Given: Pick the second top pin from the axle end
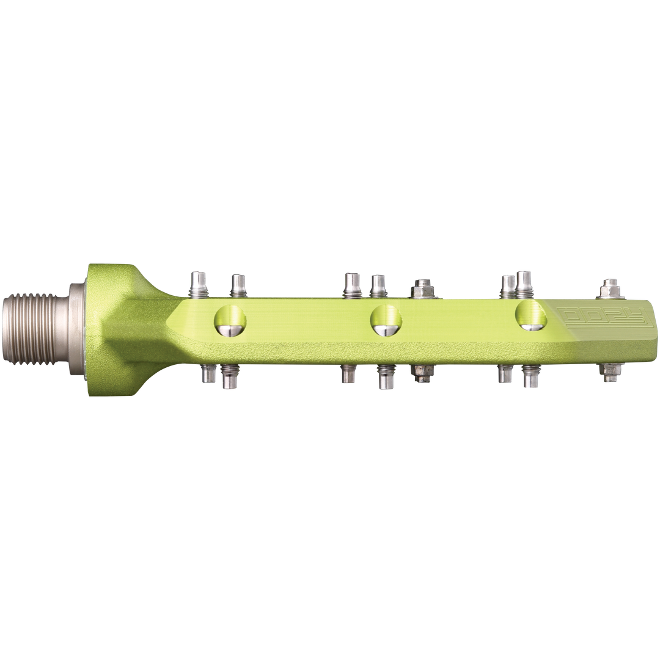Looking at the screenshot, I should pyautogui.click(x=238, y=285).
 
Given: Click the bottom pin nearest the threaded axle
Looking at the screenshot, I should pyautogui.click(x=208, y=373).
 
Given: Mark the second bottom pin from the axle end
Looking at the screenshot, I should pyautogui.click(x=230, y=377).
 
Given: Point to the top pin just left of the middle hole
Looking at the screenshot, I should pyautogui.click(x=351, y=284).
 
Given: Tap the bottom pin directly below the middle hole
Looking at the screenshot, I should pyautogui.click(x=385, y=377).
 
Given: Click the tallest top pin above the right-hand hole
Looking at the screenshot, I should pyautogui.click(x=524, y=283).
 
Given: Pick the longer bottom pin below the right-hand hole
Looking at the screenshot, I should pyautogui.click(x=529, y=377).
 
